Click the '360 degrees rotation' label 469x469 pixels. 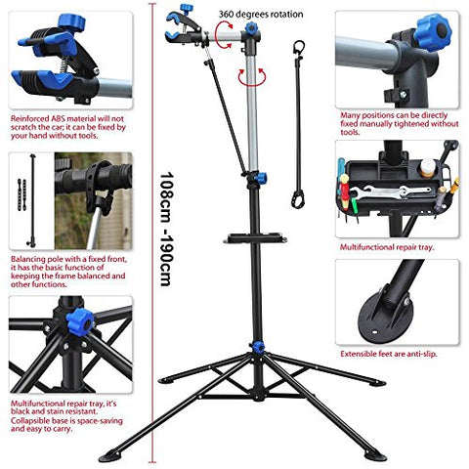(x=261, y=15)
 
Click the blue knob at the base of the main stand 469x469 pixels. (x=258, y=347)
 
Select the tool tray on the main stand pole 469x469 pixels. (x=255, y=238)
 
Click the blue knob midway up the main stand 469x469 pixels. (x=261, y=178)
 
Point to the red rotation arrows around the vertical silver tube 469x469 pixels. (x=252, y=77)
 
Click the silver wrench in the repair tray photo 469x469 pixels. (x=391, y=192)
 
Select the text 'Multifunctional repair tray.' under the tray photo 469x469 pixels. (x=387, y=247)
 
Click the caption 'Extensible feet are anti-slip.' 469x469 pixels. (x=389, y=354)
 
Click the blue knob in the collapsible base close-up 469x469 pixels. (x=79, y=322)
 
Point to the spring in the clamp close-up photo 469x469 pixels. (x=65, y=64)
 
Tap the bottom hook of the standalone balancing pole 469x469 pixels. (x=297, y=199)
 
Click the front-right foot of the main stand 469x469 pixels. (x=375, y=455)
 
